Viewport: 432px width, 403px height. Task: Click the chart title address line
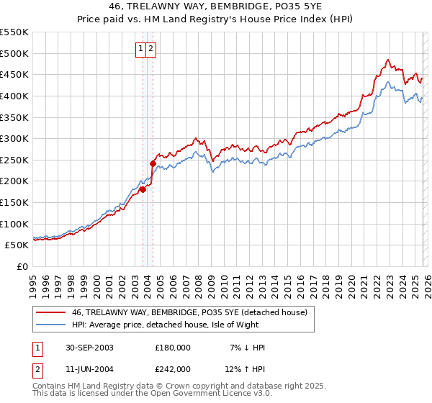click(x=215, y=6)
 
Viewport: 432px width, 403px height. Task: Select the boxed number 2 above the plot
click(x=152, y=49)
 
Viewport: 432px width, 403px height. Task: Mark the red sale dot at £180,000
click(x=143, y=189)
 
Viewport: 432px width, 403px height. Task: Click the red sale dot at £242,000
click(x=153, y=163)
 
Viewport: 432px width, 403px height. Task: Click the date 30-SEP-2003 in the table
click(x=87, y=348)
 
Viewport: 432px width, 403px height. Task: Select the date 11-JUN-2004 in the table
click(x=87, y=369)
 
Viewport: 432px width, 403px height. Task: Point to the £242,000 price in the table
click(x=173, y=369)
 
